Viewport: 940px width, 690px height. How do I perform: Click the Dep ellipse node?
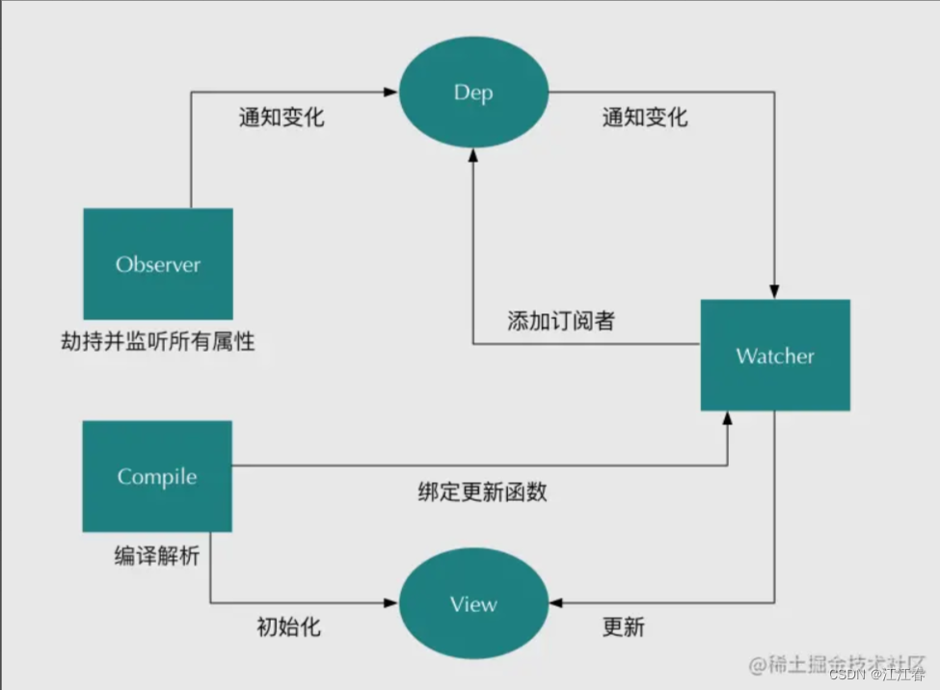(x=473, y=93)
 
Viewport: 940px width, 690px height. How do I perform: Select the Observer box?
(x=158, y=264)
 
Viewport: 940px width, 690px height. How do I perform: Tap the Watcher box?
(x=775, y=356)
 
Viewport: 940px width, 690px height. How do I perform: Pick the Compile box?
(x=157, y=476)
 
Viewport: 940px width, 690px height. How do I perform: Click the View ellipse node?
(x=473, y=604)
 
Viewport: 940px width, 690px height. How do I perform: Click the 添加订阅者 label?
(x=560, y=321)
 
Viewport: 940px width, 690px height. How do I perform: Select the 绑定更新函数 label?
(x=482, y=491)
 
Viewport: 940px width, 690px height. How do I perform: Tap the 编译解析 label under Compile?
(x=156, y=556)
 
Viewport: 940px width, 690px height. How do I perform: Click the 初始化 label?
(x=288, y=627)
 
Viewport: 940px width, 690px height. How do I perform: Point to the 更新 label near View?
(x=623, y=627)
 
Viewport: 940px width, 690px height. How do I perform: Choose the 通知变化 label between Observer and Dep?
(x=282, y=118)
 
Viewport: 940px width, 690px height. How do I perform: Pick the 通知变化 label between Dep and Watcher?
(x=645, y=118)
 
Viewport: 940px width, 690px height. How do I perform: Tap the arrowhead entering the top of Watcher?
(x=775, y=292)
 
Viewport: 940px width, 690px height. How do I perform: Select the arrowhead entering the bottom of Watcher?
(x=729, y=418)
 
